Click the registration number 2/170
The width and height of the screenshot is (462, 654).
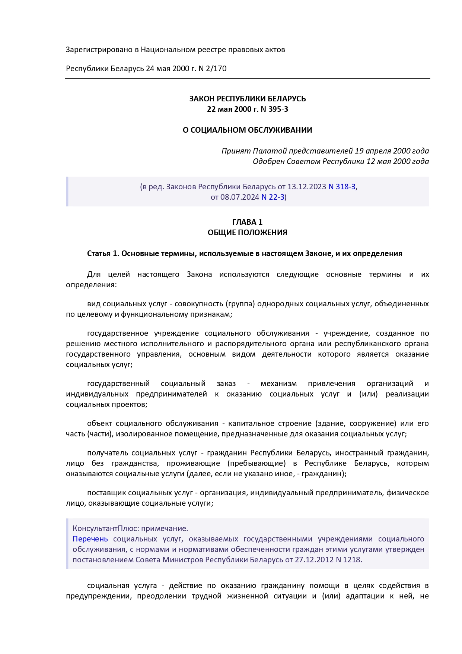tap(216, 69)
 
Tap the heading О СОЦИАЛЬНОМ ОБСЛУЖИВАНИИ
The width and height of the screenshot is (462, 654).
tap(247, 130)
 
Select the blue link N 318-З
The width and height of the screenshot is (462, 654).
tap(342, 187)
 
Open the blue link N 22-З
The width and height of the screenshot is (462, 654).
tap(273, 197)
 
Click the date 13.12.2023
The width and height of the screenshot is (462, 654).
tap(306, 187)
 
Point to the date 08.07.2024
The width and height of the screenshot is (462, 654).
tap(239, 197)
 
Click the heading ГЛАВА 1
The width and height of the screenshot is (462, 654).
tap(247, 222)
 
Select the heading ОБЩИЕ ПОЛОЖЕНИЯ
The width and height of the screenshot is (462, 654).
tap(247, 233)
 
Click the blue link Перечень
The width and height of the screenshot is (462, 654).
tap(90, 539)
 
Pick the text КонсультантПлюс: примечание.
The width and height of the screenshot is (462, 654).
tap(130, 528)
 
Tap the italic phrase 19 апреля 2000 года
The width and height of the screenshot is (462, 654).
tap(392, 151)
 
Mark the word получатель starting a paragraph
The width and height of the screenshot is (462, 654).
tap(107, 453)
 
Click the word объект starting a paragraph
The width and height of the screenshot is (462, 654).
tap(99, 423)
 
